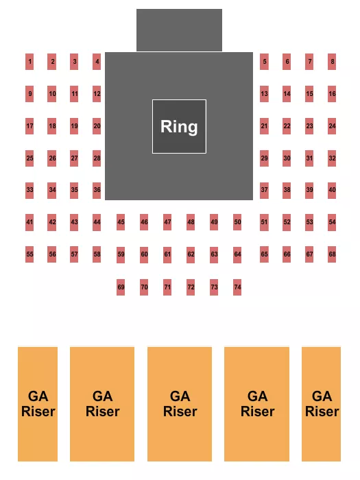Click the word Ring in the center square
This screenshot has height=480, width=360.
tap(179, 126)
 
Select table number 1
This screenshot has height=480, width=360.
tap(29, 62)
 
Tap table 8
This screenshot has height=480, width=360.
tap(332, 62)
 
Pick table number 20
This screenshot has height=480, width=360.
tap(97, 126)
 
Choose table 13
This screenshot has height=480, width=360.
tap(264, 93)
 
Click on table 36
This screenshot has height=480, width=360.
tap(97, 189)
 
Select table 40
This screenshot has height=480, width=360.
tap(332, 189)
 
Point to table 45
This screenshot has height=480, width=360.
tap(121, 222)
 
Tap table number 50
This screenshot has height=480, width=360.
tap(237, 222)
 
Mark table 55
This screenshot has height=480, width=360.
tap(29, 254)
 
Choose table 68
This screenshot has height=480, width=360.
tap(332, 254)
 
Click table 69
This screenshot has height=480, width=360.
tap(121, 287)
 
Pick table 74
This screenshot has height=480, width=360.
tap(237, 287)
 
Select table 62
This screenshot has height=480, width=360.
tap(191, 255)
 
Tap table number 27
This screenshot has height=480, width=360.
tap(74, 158)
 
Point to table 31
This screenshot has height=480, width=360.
tap(309, 158)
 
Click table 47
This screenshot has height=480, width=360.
tap(167, 222)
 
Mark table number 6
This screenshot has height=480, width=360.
tap(287, 62)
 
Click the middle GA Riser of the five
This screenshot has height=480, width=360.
tap(180, 403)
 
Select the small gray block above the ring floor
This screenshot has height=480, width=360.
tap(179, 30)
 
